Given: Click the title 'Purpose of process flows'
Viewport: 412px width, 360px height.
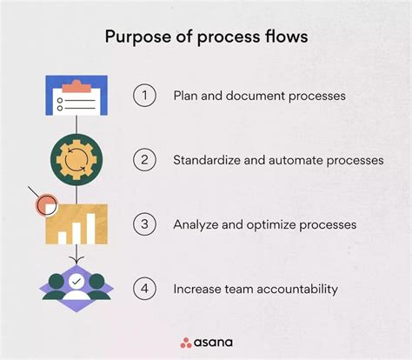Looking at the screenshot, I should [x=206, y=38].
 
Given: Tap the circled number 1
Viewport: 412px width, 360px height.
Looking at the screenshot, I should [x=144, y=96].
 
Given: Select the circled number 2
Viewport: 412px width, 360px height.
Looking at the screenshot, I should [x=144, y=160].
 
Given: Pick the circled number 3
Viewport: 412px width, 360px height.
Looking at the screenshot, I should [x=144, y=224].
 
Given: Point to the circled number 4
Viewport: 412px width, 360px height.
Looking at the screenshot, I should [x=144, y=288].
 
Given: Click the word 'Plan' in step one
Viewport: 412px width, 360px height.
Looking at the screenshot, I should [x=186, y=96].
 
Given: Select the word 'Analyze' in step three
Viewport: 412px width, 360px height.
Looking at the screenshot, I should [x=196, y=224].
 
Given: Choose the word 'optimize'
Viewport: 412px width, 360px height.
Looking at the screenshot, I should [x=274, y=224].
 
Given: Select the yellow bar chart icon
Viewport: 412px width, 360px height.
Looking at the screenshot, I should [x=79, y=224].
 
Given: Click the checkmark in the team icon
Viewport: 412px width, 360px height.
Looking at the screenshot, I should [x=76, y=282].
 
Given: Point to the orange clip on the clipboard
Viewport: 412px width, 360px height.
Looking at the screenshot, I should [x=76, y=84].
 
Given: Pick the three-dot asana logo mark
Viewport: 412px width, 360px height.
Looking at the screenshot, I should [x=185, y=342].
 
